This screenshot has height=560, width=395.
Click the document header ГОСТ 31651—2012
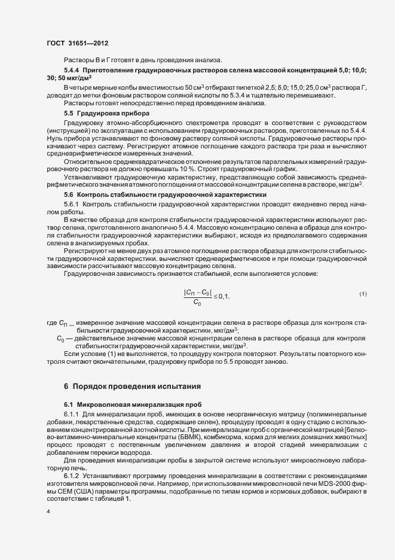pos(77,44)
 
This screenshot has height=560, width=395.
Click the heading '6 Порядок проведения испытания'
pos(128,384)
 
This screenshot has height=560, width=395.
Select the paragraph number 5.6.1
pos(72,204)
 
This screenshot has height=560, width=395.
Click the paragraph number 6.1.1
pos(72,414)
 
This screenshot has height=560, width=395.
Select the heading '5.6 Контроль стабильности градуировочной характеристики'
pos(156,195)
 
